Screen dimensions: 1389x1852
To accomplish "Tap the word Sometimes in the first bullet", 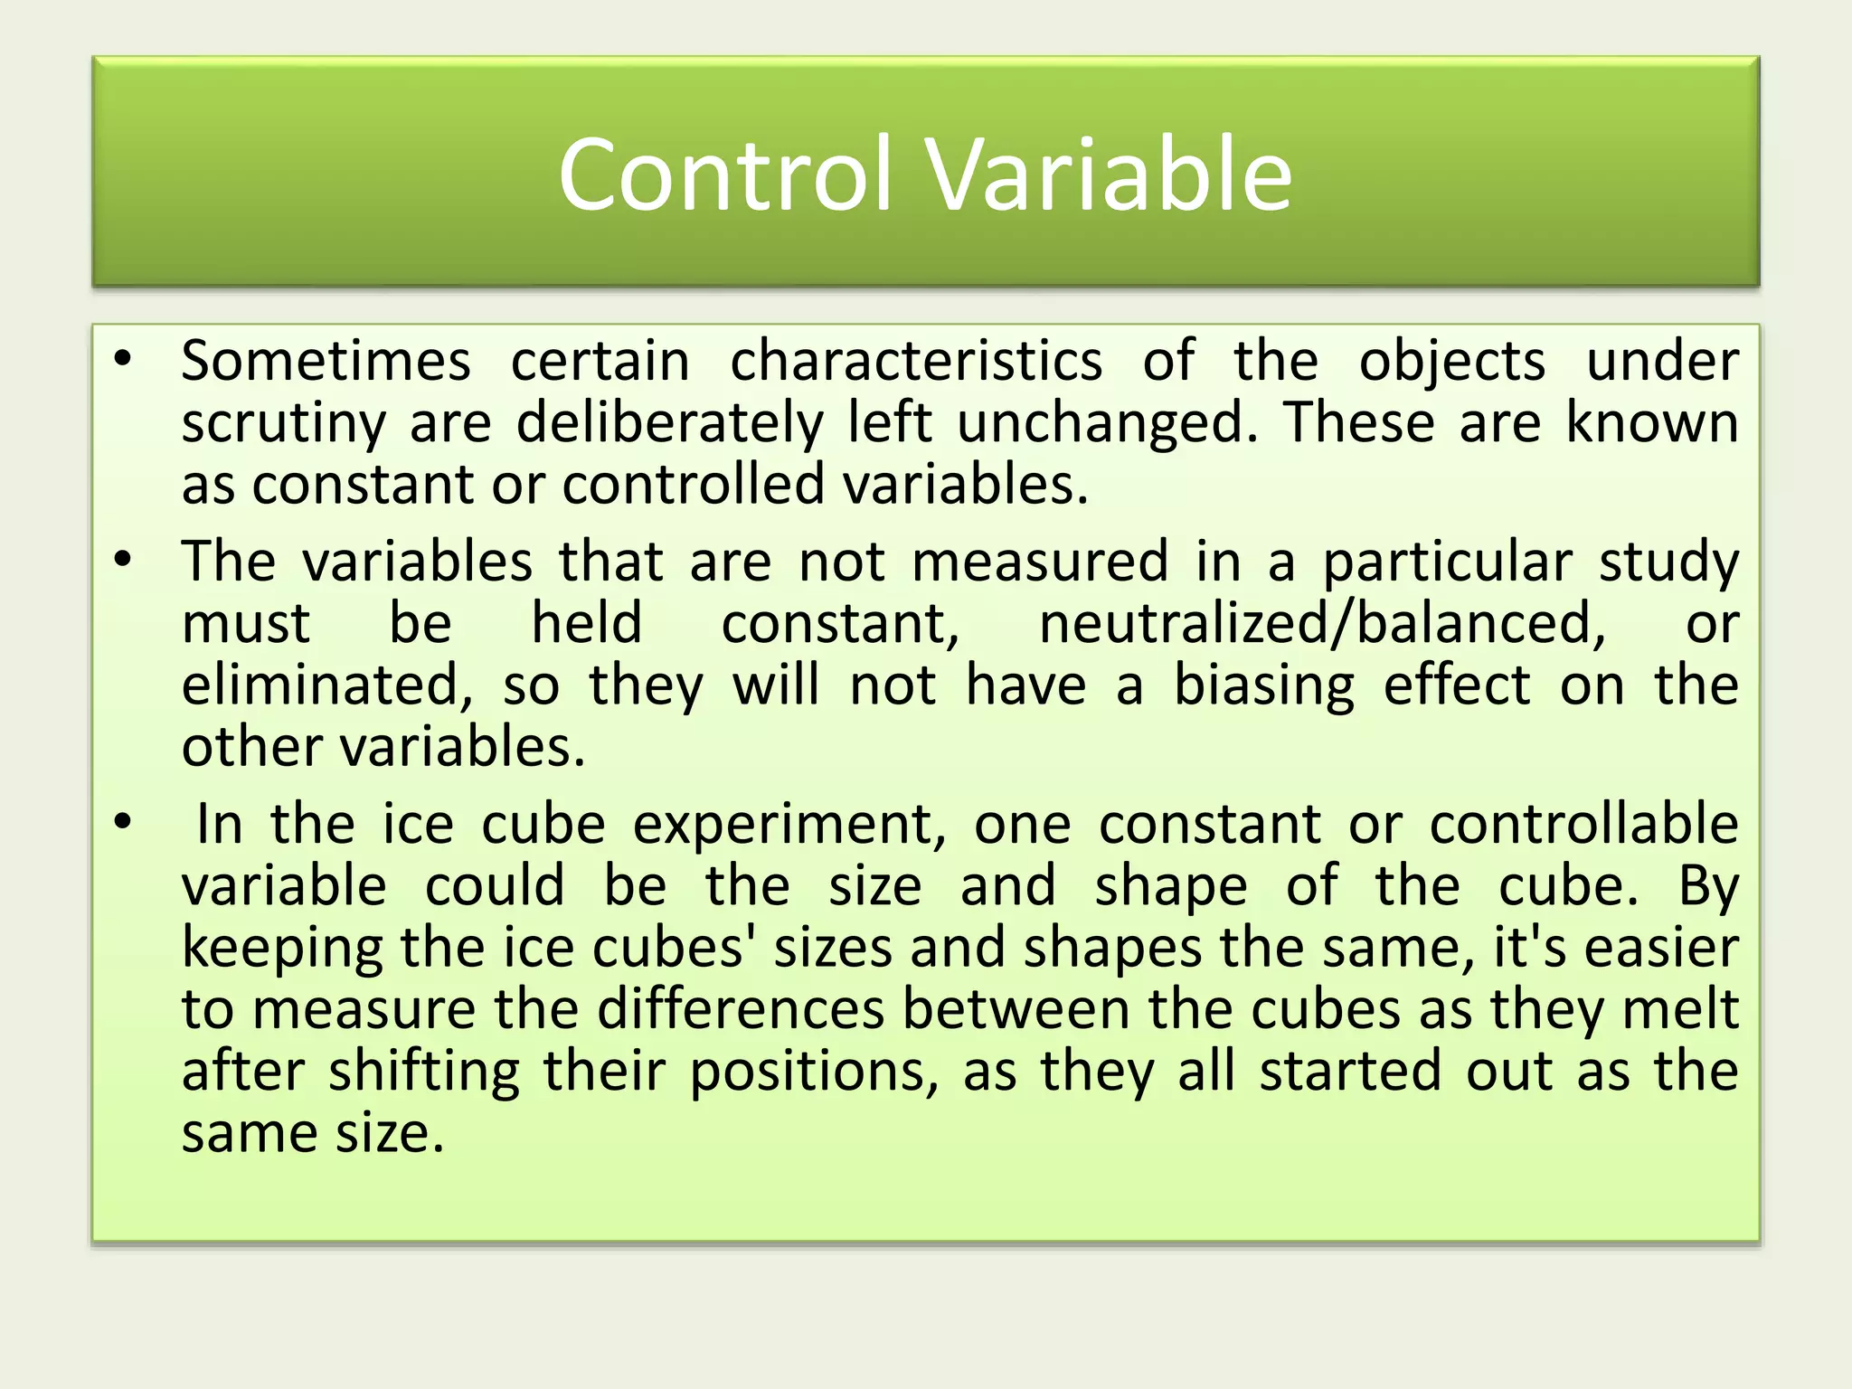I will (x=326, y=362).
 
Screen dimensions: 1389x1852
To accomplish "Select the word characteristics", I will (x=915, y=362).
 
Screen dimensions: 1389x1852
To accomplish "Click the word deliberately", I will (x=669, y=423).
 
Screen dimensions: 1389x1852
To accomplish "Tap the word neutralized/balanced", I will (x=1322, y=624).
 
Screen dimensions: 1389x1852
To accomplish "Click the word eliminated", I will (x=326, y=685).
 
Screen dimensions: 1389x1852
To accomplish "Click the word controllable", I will (x=1583, y=824).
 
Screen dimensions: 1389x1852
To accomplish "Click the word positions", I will (x=814, y=1072).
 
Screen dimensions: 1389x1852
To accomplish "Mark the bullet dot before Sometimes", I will (x=123, y=360).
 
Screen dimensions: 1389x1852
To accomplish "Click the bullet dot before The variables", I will (x=123, y=561).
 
